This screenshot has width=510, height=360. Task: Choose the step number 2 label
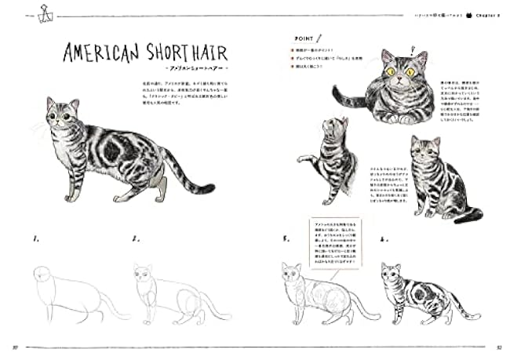(134, 238)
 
